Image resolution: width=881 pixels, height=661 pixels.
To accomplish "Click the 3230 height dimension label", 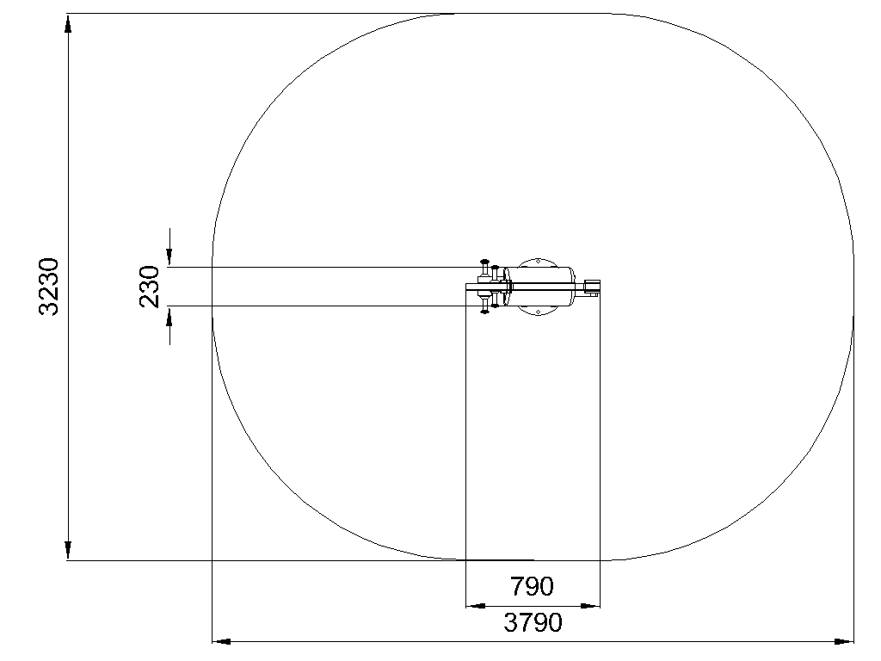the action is pyautogui.click(x=48, y=287).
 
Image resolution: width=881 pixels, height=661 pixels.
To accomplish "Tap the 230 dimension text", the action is pyautogui.click(x=150, y=287).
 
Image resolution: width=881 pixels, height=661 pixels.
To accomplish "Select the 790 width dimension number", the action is pyautogui.click(x=532, y=586).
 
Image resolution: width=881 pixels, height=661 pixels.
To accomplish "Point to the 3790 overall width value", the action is pyautogui.click(x=533, y=623).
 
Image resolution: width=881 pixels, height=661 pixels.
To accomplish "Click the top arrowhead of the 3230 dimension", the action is pyautogui.click(x=68, y=23).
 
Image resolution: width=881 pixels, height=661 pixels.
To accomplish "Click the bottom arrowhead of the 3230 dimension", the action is pyautogui.click(x=68, y=550).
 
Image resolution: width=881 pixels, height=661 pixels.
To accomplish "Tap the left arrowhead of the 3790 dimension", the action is pyautogui.click(x=222, y=640).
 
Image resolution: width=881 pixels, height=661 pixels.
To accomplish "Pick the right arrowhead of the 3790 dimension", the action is pyautogui.click(x=844, y=640).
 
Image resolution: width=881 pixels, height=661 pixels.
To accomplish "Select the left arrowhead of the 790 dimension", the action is pyautogui.click(x=476, y=606).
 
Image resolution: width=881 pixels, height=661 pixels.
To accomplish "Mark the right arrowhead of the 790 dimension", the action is pyautogui.click(x=590, y=606).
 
